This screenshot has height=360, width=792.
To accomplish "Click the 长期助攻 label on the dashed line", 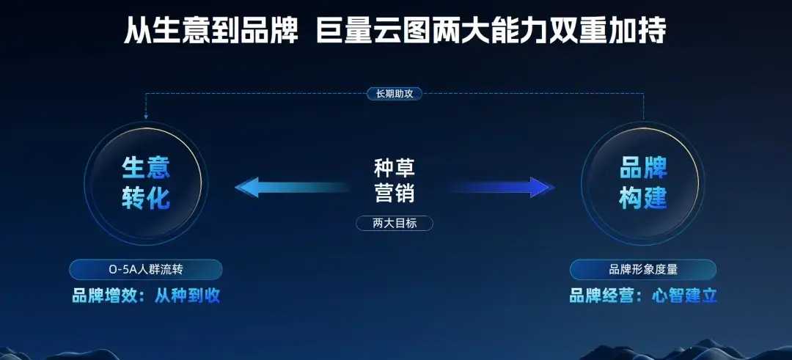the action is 394,93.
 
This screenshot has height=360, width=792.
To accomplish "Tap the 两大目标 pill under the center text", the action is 395,223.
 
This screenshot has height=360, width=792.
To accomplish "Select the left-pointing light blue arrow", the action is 292,187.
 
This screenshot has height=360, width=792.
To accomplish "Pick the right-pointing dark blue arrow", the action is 501,187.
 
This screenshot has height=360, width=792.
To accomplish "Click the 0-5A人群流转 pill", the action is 145,270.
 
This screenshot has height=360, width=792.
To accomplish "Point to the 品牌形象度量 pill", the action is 643,270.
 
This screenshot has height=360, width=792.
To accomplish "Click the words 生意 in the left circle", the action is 146,168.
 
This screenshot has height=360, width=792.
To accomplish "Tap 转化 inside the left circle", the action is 146,199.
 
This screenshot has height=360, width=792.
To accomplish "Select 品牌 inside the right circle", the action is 644,168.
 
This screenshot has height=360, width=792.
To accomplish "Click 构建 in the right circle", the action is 644,199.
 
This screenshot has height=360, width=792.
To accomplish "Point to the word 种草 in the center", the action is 395,168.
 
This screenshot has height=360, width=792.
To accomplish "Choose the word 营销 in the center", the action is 395,193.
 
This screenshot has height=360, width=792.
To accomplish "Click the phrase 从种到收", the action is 188,296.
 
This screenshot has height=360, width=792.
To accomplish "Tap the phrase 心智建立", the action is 684,296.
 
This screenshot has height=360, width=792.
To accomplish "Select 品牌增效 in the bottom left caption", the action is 105,296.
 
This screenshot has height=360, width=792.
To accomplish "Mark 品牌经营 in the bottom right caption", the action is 602,296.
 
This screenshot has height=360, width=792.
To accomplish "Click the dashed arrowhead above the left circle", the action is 146,117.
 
